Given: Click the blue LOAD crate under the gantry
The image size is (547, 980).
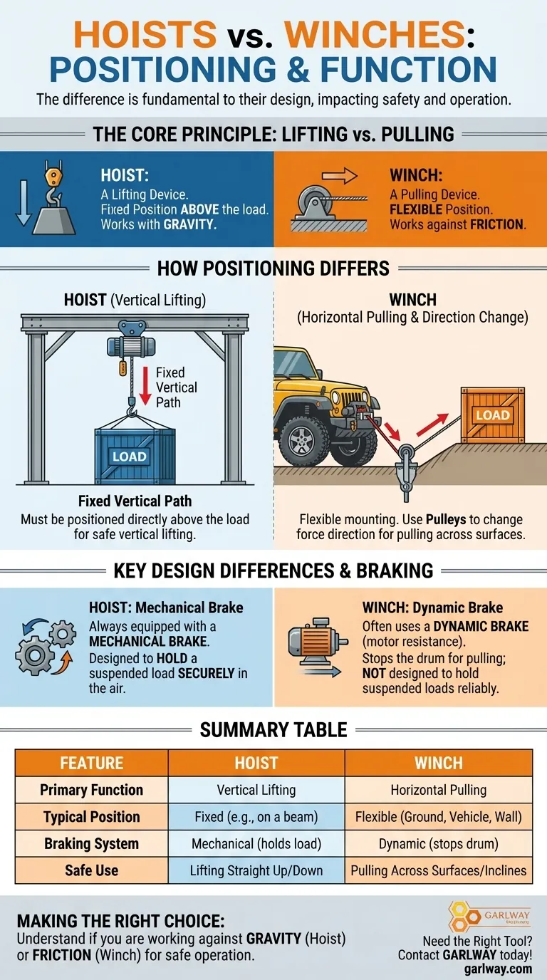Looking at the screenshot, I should [135, 455].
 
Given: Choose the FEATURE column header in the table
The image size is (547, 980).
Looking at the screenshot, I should [91, 763].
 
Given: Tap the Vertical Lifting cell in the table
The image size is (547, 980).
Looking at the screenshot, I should [256, 790].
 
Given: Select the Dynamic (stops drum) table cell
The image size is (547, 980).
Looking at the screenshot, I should [439, 844].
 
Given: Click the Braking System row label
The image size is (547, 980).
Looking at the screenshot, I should [91, 844].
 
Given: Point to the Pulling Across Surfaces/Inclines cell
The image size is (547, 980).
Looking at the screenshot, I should [439, 870].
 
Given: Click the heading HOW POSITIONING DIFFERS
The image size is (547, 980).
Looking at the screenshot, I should [273, 269].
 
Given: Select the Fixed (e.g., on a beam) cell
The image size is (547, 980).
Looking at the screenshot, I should [256, 817].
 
